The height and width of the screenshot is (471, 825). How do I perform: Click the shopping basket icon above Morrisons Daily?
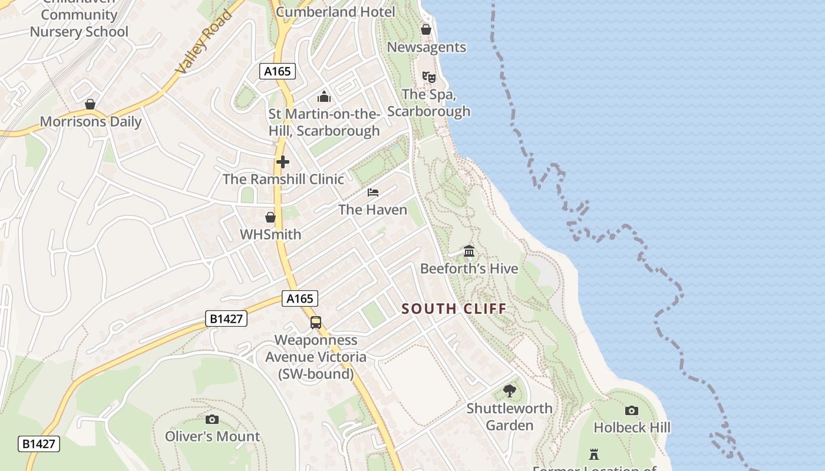click(90, 104)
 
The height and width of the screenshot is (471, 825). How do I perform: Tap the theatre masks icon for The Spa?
click(428, 77)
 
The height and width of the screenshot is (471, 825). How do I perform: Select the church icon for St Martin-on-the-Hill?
click(324, 97)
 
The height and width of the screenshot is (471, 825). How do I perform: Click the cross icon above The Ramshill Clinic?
click(283, 162)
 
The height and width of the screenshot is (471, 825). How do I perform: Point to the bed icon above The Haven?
click(372, 193)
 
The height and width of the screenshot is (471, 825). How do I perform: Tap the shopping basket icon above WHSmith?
click(270, 217)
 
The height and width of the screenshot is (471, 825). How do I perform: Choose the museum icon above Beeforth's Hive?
click(469, 251)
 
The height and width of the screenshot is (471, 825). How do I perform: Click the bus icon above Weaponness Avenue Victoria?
click(316, 323)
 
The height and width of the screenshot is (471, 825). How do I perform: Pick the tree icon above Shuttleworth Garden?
click(509, 391)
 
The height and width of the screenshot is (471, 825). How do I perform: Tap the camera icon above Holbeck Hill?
click(632, 410)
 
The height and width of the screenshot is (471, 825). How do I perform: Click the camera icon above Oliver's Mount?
click(212, 419)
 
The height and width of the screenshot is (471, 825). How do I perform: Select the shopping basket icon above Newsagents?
click(426, 29)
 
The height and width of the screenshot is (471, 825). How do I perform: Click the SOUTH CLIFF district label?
click(454, 309)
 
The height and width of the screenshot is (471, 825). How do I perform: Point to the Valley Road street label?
click(204, 51)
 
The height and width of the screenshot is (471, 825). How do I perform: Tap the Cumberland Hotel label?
click(335, 12)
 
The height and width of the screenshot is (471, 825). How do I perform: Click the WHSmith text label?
click(270, 234)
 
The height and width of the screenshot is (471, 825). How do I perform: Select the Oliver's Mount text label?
click(212, 436)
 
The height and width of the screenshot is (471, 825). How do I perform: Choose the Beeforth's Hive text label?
click(469, 268)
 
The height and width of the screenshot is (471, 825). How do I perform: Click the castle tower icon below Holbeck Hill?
click(594, 455)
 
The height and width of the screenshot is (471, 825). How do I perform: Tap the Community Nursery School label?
click(79, 24)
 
